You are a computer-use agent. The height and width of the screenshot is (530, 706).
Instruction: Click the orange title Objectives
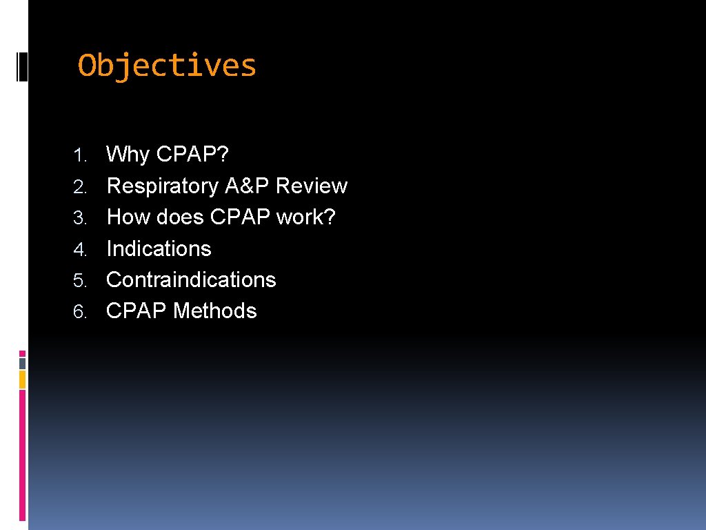167,66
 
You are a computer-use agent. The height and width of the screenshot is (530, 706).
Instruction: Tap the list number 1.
81,155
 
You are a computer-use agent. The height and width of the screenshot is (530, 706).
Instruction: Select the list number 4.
81,249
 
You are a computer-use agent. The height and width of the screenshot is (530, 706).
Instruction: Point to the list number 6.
81,312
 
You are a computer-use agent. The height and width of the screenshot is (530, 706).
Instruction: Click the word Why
128,154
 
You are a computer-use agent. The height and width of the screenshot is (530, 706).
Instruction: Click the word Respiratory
162,186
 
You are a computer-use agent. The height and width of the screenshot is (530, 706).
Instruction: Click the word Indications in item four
159,248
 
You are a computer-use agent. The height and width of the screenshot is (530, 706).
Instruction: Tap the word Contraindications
191,279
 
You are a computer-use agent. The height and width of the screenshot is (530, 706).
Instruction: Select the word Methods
214,311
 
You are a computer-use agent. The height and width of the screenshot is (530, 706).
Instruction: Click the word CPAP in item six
137,311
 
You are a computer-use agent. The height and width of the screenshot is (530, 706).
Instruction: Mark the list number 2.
81,186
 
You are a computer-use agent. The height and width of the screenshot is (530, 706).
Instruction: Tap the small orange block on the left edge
22,379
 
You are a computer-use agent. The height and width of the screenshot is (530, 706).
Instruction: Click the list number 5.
81,281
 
